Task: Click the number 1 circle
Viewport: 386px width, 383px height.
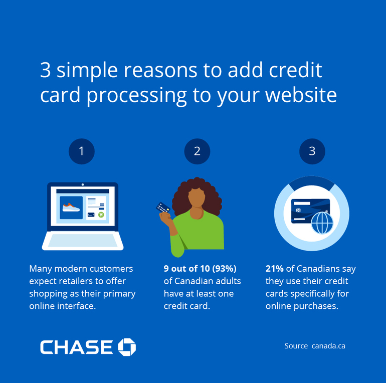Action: tap(82, 151)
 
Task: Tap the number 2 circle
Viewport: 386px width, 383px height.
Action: tap(197, 151)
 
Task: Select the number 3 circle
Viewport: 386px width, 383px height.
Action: tap(312, 151)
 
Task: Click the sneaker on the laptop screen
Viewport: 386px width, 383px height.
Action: tap(71, 206)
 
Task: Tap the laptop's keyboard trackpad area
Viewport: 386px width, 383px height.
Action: tap(82, 241)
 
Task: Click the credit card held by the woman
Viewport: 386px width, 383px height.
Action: tap(162, 207)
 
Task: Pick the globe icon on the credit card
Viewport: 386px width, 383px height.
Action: tap(322, 223)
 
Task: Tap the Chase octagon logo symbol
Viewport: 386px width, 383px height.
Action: tap(127, 346)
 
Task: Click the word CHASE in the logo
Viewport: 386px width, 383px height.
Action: tap(77, 347)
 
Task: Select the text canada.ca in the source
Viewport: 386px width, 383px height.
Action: tap(328, 346)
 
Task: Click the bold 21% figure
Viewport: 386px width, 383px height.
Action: tap(275, 269)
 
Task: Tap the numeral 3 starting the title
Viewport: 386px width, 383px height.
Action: tap(46, 71)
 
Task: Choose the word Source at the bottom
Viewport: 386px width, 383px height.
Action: tap(296, 346)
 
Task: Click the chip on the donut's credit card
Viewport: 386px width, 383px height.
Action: tap(299, 210)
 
